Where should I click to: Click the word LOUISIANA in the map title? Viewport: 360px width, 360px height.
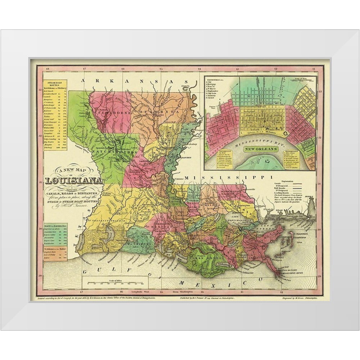pyautogui.click(x=74, y=181)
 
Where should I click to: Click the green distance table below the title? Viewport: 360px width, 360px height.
pyautogui.click(x=55, y=233)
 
